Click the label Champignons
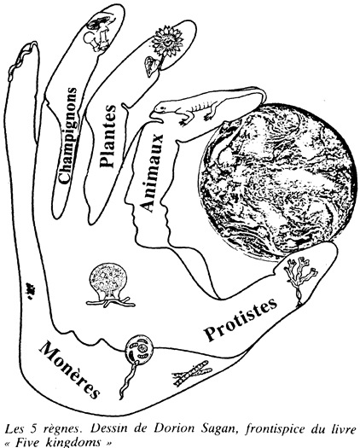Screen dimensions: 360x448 (x=67, y=135)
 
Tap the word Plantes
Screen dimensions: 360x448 (x=107, y=136)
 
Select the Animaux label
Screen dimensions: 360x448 (x=152, y=173)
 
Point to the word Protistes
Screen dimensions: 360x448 (x=241, y=319)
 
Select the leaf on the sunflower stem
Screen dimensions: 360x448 (x=152, y=66)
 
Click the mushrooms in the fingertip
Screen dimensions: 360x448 (x=99, y=33)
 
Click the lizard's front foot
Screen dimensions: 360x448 (x=183, y=123)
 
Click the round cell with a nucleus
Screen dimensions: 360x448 (x=139, y=349)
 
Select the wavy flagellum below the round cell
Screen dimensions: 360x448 (x=129, y=380)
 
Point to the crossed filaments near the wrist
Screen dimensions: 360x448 (x=192, y=373)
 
